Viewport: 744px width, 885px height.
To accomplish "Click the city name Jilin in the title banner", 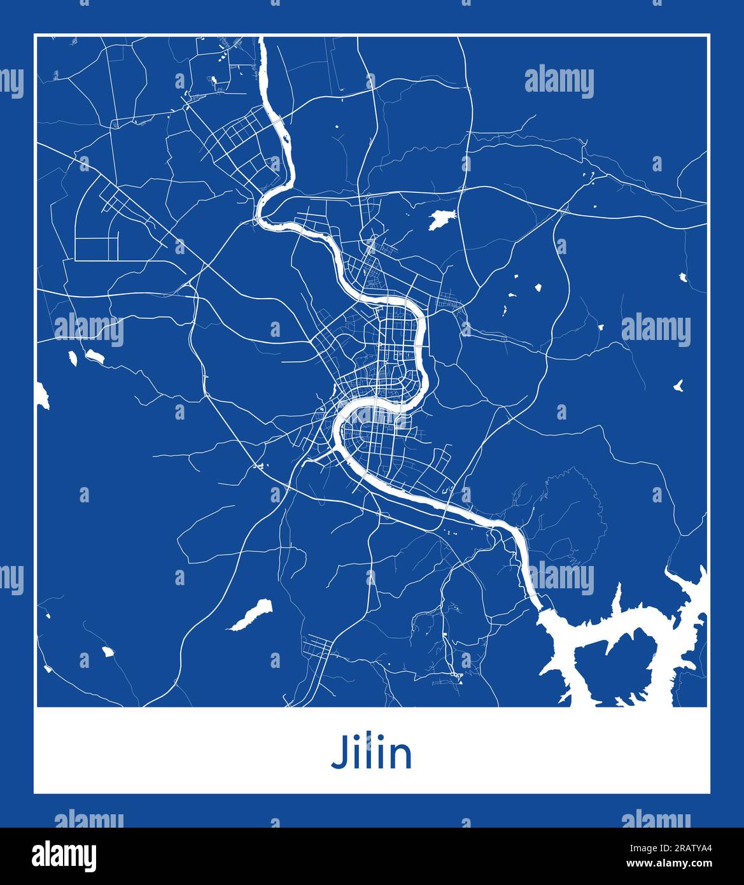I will point(372,753).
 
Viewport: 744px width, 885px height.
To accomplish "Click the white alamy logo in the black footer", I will point(64,856).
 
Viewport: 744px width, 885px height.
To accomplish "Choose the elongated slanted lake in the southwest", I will point(249,614).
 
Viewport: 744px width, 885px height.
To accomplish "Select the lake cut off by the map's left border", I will point(42,396).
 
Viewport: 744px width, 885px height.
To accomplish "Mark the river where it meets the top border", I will point(262,40).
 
